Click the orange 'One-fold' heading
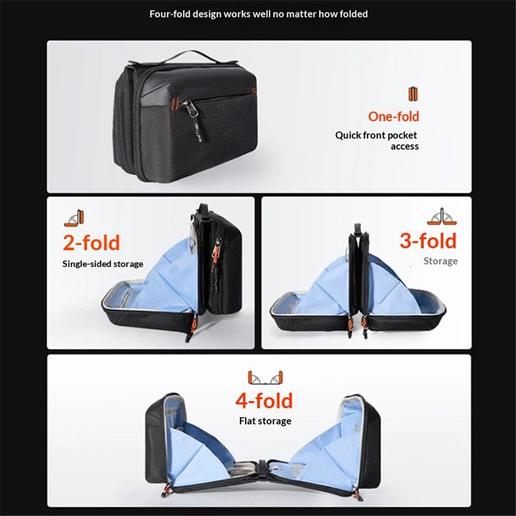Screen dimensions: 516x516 (x=394, y=117)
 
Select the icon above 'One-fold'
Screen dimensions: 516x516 (x=413, y=94)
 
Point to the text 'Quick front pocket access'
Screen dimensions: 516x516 (x=377, y=140)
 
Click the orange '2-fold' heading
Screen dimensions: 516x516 (x=91, y=243)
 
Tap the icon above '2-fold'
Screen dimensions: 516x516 (x=74, y=218)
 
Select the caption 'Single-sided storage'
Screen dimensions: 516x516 (x=103, y=264)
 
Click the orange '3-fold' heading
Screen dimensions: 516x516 (x=428, y=240)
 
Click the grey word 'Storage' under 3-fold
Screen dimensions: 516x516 (x=440, y=261)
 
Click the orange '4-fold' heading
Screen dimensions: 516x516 (x=264, y=400)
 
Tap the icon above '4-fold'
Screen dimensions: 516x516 (x=265, y=378)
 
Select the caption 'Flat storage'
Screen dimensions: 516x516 (x=265, y=421)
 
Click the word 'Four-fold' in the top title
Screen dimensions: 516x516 (x=169, y=14)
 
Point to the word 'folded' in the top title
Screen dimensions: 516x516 (x=354, y=14)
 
